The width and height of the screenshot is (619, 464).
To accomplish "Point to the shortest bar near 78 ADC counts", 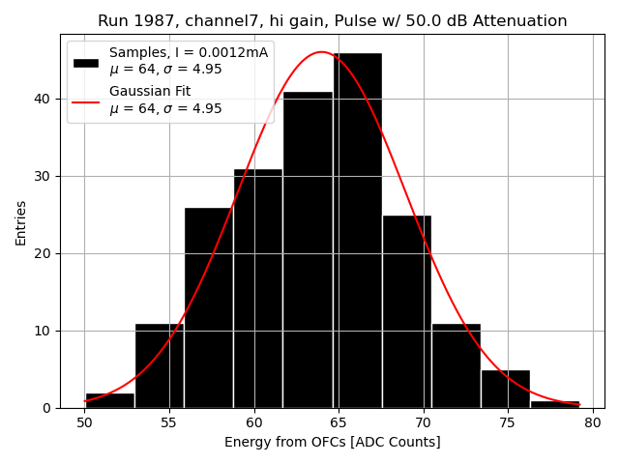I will pos(555,404).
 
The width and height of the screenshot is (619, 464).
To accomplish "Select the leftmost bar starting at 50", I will pos(109,400).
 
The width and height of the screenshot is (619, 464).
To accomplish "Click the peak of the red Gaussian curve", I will pos(322,52).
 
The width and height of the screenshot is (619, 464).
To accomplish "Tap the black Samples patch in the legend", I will pos(85,61).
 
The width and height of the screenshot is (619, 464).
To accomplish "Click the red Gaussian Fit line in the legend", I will pos(85,100).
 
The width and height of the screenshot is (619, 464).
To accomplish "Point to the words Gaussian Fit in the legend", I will pos(150,91).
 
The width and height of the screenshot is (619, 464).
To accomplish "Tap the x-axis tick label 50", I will pos(85,422).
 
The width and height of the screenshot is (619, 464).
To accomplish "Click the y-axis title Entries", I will pos(21,223).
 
